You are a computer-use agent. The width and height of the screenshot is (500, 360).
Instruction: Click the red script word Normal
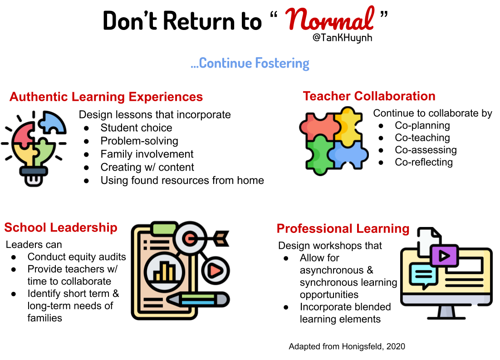(329, 19)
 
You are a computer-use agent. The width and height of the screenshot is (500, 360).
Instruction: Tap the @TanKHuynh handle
(342, 38)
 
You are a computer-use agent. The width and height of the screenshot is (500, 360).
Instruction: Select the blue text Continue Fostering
(250, 63)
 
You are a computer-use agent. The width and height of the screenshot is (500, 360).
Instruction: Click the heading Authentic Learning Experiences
(106, 97)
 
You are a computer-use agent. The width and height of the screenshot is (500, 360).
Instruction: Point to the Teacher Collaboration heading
(369, 96)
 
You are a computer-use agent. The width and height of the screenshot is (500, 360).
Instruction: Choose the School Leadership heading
(61, 227)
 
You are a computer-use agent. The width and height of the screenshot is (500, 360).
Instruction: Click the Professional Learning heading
(343, 228)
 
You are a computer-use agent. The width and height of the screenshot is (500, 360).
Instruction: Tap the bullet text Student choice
(136, 128)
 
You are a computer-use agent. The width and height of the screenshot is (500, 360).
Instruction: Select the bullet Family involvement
(147, 154)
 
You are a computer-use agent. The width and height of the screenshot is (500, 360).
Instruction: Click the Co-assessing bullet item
(426, 150)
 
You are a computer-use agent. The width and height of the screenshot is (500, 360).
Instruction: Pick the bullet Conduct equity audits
(77, 256)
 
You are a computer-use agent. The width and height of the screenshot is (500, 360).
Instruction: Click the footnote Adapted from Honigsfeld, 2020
(347, 346)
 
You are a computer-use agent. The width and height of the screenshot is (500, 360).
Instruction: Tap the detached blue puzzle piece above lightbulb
(52, 122)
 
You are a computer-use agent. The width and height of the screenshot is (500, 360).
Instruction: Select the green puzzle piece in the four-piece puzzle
(319, 155)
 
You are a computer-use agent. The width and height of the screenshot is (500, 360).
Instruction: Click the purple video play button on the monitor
(444, 255)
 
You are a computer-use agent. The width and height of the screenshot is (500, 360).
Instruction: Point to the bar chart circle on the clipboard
(164, 272)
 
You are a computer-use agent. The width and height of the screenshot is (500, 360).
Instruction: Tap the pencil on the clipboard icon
(197, 300)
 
